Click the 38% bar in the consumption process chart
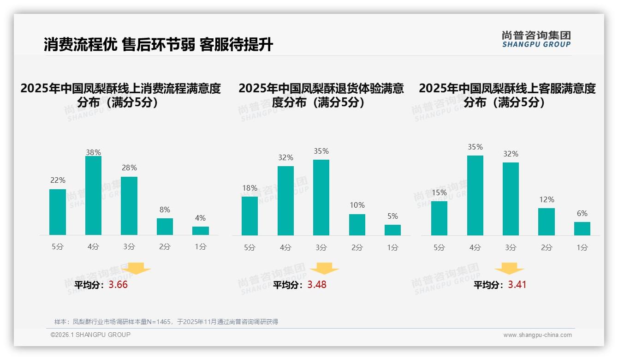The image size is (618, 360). click(x=93, y=196)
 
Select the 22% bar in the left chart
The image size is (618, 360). click(x=58, y=212)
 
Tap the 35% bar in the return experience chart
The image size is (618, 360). click(x=321, y=198)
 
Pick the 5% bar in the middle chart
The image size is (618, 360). click(x=392, y=230)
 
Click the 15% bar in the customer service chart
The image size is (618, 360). click(x=439, y=218)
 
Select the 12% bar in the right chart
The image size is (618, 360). click(x=547, y=222)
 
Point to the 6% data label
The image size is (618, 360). click(x=582, y=213)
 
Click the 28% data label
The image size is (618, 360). click(x=129, y=168)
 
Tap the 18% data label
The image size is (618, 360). click(x=250, y=188)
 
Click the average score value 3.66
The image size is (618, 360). click(x=118, y=285)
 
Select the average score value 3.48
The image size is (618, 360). click(x=317, y=285)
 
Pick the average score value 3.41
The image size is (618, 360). click(x=517, y=285)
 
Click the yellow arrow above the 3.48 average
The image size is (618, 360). click(x=324, y=268)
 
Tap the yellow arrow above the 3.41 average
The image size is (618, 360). click(x=509, y=268)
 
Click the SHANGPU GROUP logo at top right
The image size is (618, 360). click(x=536, y=39)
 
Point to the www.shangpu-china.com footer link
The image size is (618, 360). click(x=537, y=335)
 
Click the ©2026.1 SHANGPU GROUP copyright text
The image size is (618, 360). click(x=90, y=335)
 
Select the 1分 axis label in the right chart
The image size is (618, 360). click(x=582, y=248)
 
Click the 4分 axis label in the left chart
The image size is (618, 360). click(x=93, y=247)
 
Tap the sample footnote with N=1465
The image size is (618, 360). click(x=166, y=322)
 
